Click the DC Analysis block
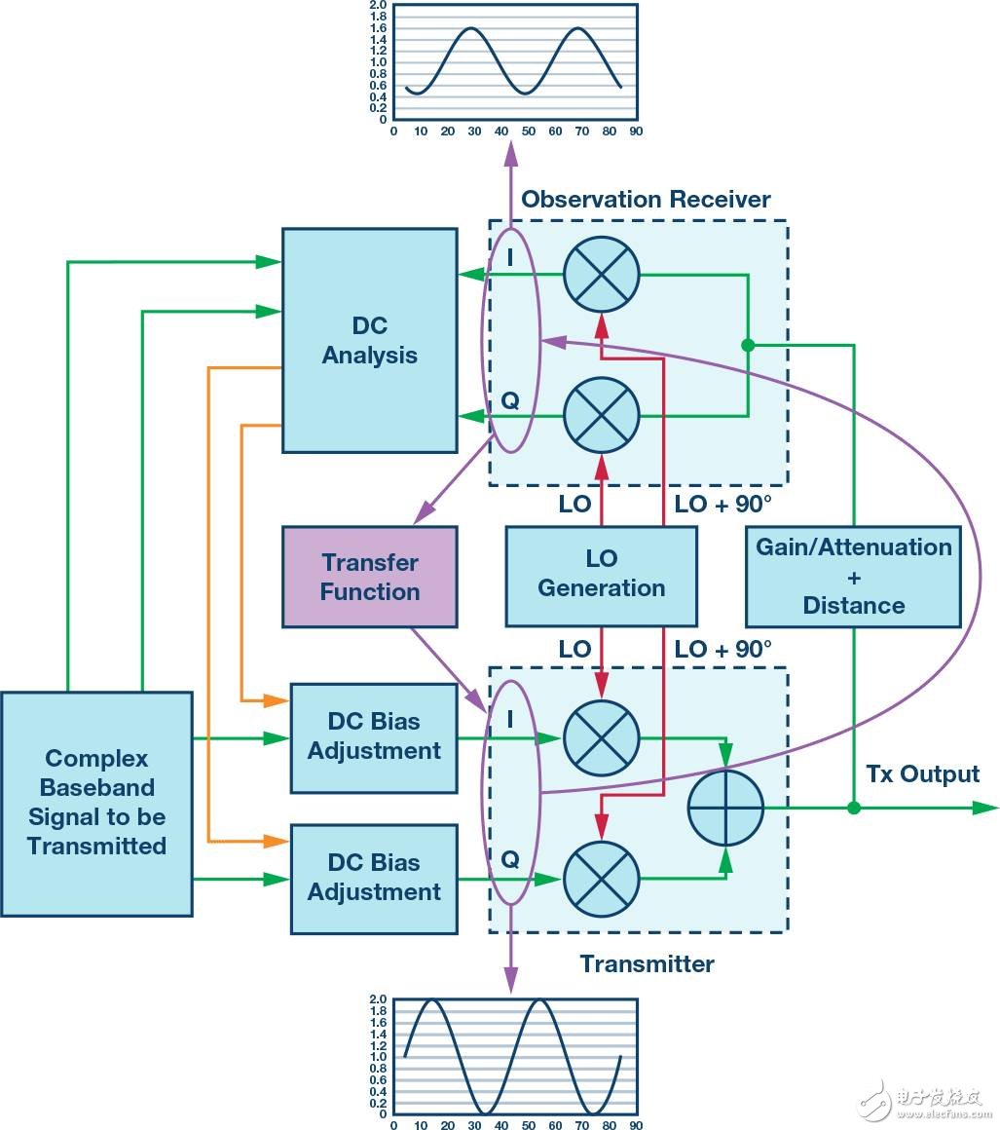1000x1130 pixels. [369, 340]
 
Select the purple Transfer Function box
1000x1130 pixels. [369, 577]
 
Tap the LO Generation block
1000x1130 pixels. [601, 575]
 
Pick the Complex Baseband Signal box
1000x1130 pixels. [96, 803]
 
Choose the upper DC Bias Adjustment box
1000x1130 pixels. [374, 736]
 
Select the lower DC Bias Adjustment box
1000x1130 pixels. [374, 878]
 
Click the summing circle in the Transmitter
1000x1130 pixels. [725, 808]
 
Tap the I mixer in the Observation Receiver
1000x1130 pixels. [602, 274]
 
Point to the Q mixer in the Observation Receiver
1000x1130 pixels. [602, 416]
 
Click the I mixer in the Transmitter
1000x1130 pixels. [602, 737]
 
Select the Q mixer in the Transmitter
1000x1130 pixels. [602, 879]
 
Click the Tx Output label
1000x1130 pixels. [922, 774]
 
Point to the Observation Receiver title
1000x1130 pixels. [646, 200]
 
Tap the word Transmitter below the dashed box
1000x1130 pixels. [647, 964]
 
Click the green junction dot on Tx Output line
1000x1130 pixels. [854, 808]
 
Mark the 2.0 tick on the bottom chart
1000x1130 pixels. [378, 999]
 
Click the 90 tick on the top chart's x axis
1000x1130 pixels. [636, 131]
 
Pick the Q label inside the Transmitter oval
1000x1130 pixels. [510, 859]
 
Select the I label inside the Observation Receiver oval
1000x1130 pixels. [510, 260]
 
